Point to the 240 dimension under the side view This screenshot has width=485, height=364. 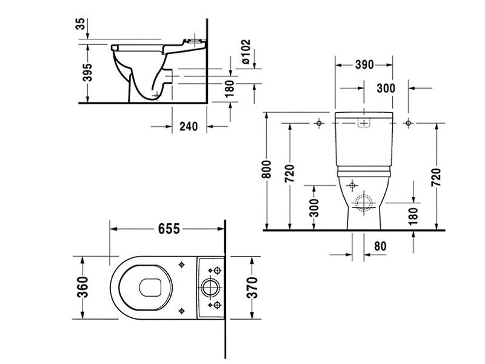click(189, 126)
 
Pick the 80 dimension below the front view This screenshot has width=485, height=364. click(380, 246)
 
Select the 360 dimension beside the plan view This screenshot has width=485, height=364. click(83, 287)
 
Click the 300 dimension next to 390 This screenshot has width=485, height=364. click(386, 89)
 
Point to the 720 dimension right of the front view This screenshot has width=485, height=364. click(436, 175)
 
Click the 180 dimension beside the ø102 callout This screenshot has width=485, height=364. click(229, 89)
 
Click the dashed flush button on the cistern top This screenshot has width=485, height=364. click(363, 123)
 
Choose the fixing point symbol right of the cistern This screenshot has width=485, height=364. click(409, 123)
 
